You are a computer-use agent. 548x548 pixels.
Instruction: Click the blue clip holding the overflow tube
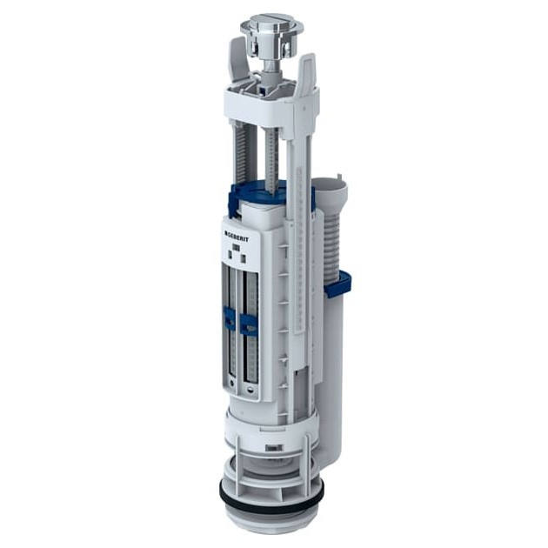(x=338, y=282)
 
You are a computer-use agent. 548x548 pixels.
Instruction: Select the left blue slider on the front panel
(x=228, y=318)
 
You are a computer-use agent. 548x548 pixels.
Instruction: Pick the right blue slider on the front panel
(x=249, y=323)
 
